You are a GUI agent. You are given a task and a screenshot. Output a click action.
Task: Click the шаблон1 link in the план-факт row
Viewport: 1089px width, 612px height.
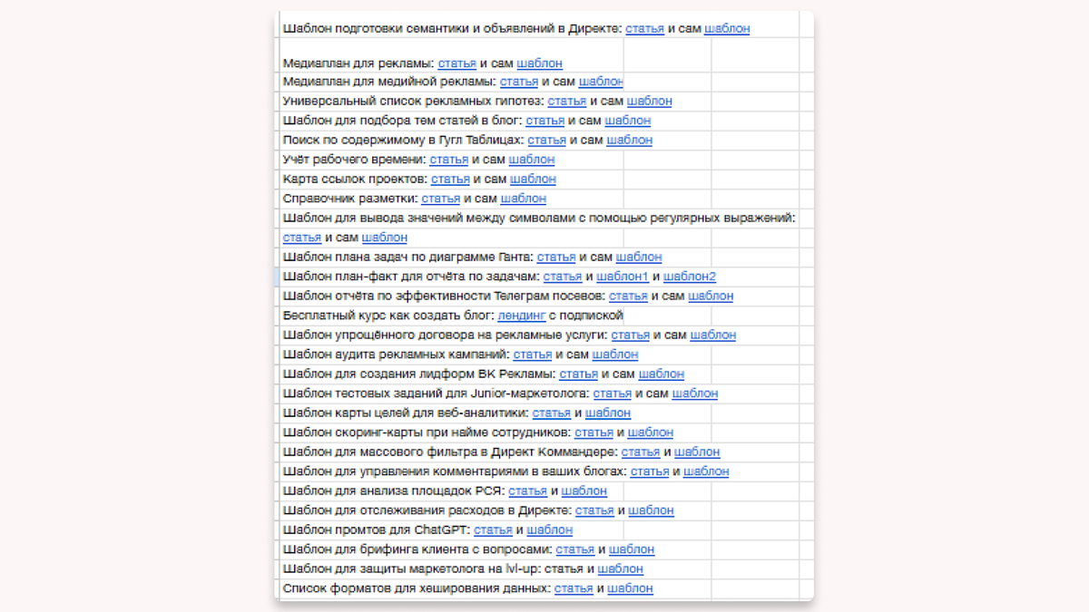[623, 277]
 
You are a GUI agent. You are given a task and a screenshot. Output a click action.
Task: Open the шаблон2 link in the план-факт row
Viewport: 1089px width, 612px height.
[690, 277]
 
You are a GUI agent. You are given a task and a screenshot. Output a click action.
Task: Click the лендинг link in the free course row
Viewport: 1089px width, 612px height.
[521, 316]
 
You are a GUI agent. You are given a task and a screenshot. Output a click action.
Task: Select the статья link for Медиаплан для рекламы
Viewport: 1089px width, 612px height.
[457, 63]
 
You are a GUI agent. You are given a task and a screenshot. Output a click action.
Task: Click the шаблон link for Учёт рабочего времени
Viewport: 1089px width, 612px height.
[532, 160]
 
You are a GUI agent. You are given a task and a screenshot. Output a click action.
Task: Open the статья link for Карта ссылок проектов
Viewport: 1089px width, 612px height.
[450, 180]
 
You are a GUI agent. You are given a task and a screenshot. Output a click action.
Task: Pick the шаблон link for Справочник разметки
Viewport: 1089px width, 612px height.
[524, 199]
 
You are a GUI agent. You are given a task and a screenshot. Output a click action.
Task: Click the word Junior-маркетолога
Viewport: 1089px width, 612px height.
[529, 393]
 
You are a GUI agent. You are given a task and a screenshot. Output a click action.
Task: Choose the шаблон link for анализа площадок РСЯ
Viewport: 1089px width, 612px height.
[584, 491]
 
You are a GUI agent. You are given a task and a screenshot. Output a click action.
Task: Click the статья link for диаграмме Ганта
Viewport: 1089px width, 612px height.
[556, 257]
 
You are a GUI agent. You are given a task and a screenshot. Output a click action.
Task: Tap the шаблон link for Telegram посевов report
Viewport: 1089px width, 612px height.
[711, 296]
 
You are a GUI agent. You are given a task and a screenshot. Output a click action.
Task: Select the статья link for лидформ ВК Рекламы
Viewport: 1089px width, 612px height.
[578, 374]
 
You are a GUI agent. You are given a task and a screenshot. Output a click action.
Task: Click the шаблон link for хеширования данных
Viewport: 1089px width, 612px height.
[630, 588]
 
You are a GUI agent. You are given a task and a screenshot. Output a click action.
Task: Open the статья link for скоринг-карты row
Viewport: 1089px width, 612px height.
[594, 432]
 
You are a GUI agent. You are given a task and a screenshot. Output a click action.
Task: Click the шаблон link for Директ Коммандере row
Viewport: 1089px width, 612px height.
[697, 452]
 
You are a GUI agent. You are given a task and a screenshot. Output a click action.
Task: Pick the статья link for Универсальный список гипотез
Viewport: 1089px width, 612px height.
[567, 101]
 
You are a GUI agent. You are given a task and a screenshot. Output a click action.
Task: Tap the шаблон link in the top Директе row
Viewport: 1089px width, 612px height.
[727, 28]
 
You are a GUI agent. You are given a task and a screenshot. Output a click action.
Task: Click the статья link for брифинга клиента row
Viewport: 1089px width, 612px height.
[575, 549]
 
